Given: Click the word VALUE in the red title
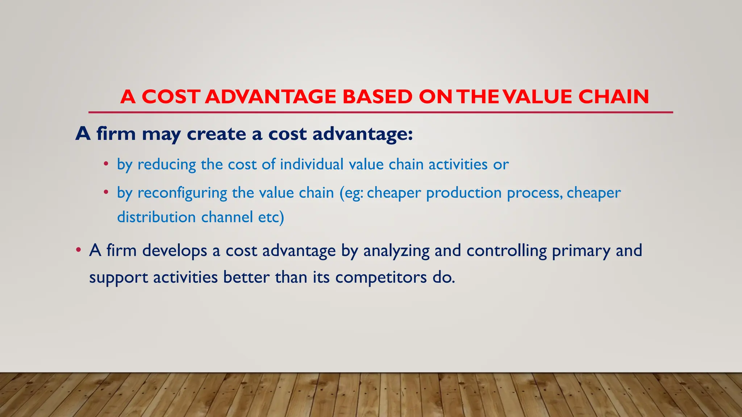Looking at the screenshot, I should point(538,97).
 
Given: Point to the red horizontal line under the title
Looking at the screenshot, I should point(380,112).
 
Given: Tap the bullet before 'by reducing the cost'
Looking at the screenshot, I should point(106,164).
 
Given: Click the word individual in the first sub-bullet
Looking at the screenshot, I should point(312,164).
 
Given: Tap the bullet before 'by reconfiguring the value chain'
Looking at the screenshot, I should point(106,192).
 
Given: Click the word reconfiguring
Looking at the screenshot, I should point(182,193).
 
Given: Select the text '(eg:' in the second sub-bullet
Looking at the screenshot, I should point(351,193).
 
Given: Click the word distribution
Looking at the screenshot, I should point(157,217).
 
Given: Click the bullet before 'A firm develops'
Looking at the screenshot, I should point(78,250).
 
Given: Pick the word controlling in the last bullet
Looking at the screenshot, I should point(507,251).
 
